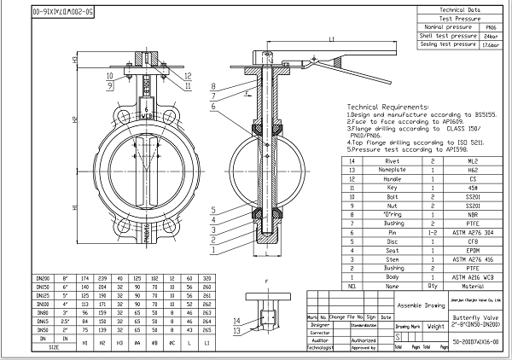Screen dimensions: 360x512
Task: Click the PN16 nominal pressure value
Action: coord(490,26)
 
